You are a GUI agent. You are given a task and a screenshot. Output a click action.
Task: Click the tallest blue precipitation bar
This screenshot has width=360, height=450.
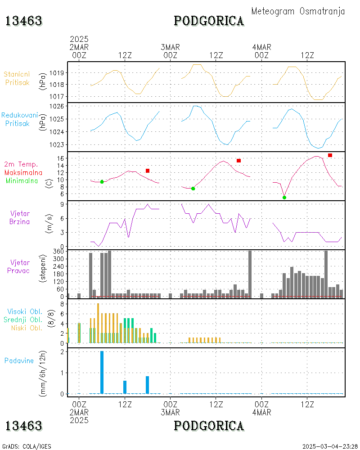click(102, 372)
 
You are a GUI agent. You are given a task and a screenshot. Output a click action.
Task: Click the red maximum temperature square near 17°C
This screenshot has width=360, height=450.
click(330, 155)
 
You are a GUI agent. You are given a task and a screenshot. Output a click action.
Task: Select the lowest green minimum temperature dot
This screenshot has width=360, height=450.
click(284, 197)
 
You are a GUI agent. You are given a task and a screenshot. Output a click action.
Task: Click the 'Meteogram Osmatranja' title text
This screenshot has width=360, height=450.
click(298, 12)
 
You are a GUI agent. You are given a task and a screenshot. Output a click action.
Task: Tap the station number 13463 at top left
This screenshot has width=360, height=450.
click(24, 21)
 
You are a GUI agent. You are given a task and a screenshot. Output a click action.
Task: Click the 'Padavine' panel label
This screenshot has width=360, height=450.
click(19, 360)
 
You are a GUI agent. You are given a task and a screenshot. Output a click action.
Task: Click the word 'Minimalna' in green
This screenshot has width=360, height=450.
click(22, 180)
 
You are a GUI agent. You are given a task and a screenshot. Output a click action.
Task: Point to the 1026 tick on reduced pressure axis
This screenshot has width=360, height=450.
click(59, 106)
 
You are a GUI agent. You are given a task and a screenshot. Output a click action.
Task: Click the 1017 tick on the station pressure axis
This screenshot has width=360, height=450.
click(59, 96)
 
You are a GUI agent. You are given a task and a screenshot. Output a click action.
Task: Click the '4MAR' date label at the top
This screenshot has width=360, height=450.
click(261, 47)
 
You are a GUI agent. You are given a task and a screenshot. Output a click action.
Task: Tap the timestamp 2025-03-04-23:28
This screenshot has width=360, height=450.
click(329, 446)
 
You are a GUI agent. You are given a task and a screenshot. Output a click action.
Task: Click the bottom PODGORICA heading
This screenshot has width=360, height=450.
click(209, 426)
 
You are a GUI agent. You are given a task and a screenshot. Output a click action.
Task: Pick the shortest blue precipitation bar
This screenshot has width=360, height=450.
click(125, 387)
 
